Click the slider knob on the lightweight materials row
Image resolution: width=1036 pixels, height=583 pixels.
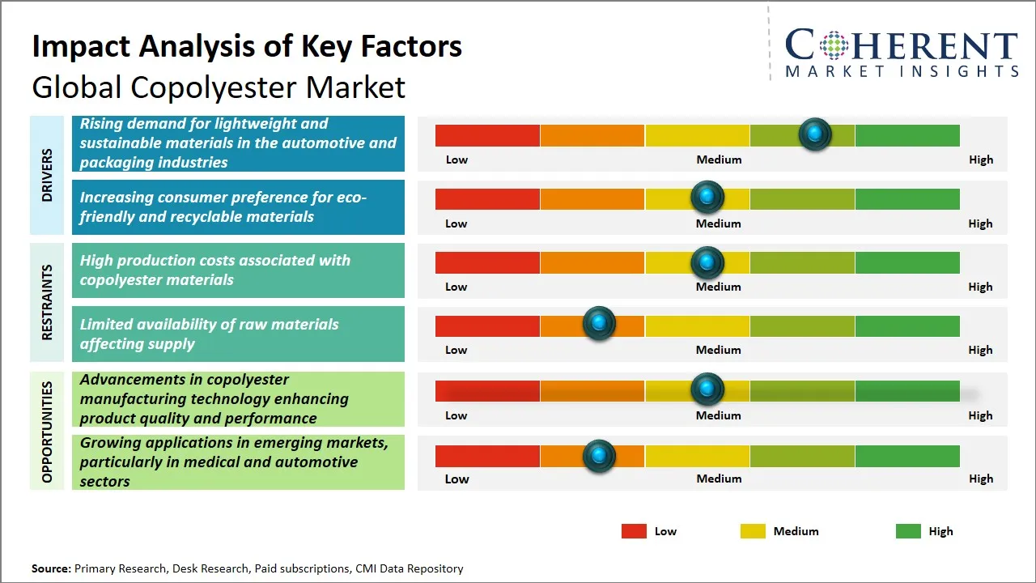click(x=814, y=134)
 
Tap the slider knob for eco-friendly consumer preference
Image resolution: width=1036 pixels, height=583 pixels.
click(x=707, y=198)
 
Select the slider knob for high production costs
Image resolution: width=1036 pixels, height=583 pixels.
click(x=707, y=262)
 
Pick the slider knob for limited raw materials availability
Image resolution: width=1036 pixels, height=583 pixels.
click(x=599, y=324)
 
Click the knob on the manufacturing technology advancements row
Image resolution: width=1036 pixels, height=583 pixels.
click(x=707, y=389)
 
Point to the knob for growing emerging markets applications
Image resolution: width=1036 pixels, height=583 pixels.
click(x=599, y=455)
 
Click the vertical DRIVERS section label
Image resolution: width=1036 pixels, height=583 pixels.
click(x=47, y=175)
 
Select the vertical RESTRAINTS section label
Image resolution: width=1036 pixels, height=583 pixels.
click(x=47, y=302)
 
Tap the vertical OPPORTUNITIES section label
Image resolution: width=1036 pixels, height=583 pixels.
click(x=47, y=432)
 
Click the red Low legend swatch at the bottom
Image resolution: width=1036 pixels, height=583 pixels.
click(x=634, y=531)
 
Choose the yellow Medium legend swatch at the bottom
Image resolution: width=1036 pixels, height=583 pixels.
click(x=753, y=531)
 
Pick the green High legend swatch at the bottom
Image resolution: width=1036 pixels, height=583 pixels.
click(x=908, y=531)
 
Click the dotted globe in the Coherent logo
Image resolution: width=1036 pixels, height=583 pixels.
click(x=832, y=45)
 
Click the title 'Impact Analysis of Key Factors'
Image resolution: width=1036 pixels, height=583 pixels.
click(x=247, y=46)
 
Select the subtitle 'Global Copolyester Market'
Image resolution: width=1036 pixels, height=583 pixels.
click(x=219, y=87)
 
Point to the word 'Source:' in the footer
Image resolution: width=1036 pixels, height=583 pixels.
click(x=51, y=568)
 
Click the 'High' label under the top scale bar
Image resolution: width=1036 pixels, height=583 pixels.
click(x=981, y=160)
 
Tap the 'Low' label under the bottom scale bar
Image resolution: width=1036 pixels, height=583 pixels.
click(x=456, y=479)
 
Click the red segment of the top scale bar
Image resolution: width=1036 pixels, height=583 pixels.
click(x=487, y=135)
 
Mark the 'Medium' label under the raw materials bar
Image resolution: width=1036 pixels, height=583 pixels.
click(x=719, y=350)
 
